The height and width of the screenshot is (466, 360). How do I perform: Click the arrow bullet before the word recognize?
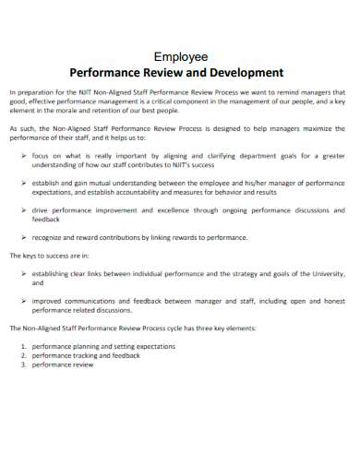click(x=23, y=237)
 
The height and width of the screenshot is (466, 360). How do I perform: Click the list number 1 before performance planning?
click(x=23, y=346)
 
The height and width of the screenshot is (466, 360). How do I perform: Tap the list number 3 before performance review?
click(x=23, y=364)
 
